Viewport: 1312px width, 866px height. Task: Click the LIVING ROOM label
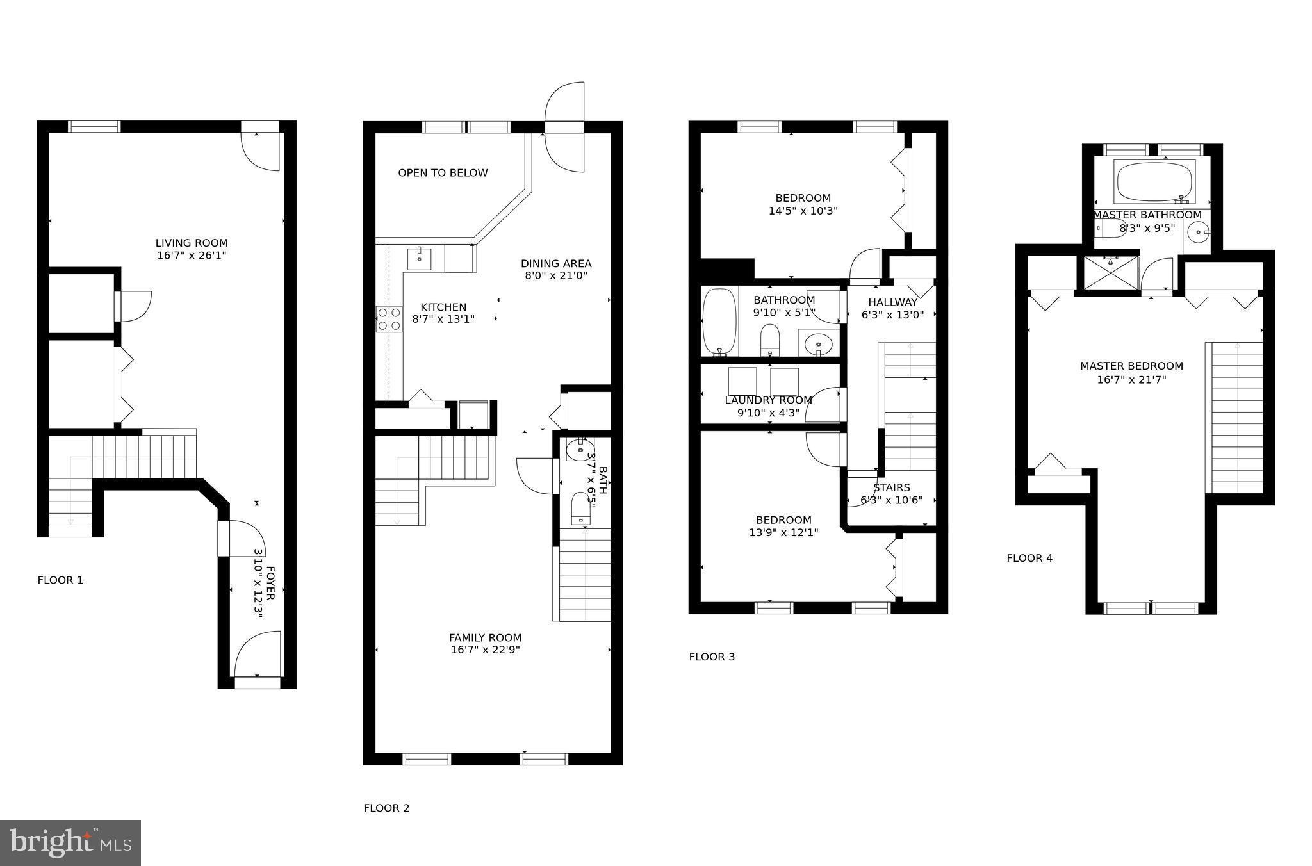click(x=192, y=243)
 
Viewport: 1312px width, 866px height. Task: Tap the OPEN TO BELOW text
click(x=443, y=173)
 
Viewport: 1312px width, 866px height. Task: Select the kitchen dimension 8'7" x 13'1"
click(x=443, y=319)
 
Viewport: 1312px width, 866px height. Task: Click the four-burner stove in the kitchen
click(x=389, y=319)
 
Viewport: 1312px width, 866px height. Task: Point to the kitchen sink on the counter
click(x=419, y=259)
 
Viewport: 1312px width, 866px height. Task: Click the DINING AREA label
click(x=555, y=263)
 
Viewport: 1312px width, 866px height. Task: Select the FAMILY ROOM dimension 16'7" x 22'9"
click(x=485, y=649)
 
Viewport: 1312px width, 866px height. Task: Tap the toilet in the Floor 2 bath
click(x=581, y=507)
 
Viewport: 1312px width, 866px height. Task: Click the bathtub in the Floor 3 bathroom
click(x=720, y=322)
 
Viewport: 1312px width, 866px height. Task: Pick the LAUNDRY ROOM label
click(x=768, y=400)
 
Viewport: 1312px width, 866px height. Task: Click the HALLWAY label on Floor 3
click(x=892, y=302)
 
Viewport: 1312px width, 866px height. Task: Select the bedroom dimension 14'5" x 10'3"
click(x=803, y=211)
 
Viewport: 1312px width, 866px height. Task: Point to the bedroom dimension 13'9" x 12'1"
click(x=783, y=532)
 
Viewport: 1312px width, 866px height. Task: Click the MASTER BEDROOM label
click(x=1131, y=366)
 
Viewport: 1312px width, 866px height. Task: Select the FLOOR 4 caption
click(x=1029, y=558)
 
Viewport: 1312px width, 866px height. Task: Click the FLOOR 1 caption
click(x=60, y=580)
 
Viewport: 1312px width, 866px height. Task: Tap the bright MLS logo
click(x=70, y=843)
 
